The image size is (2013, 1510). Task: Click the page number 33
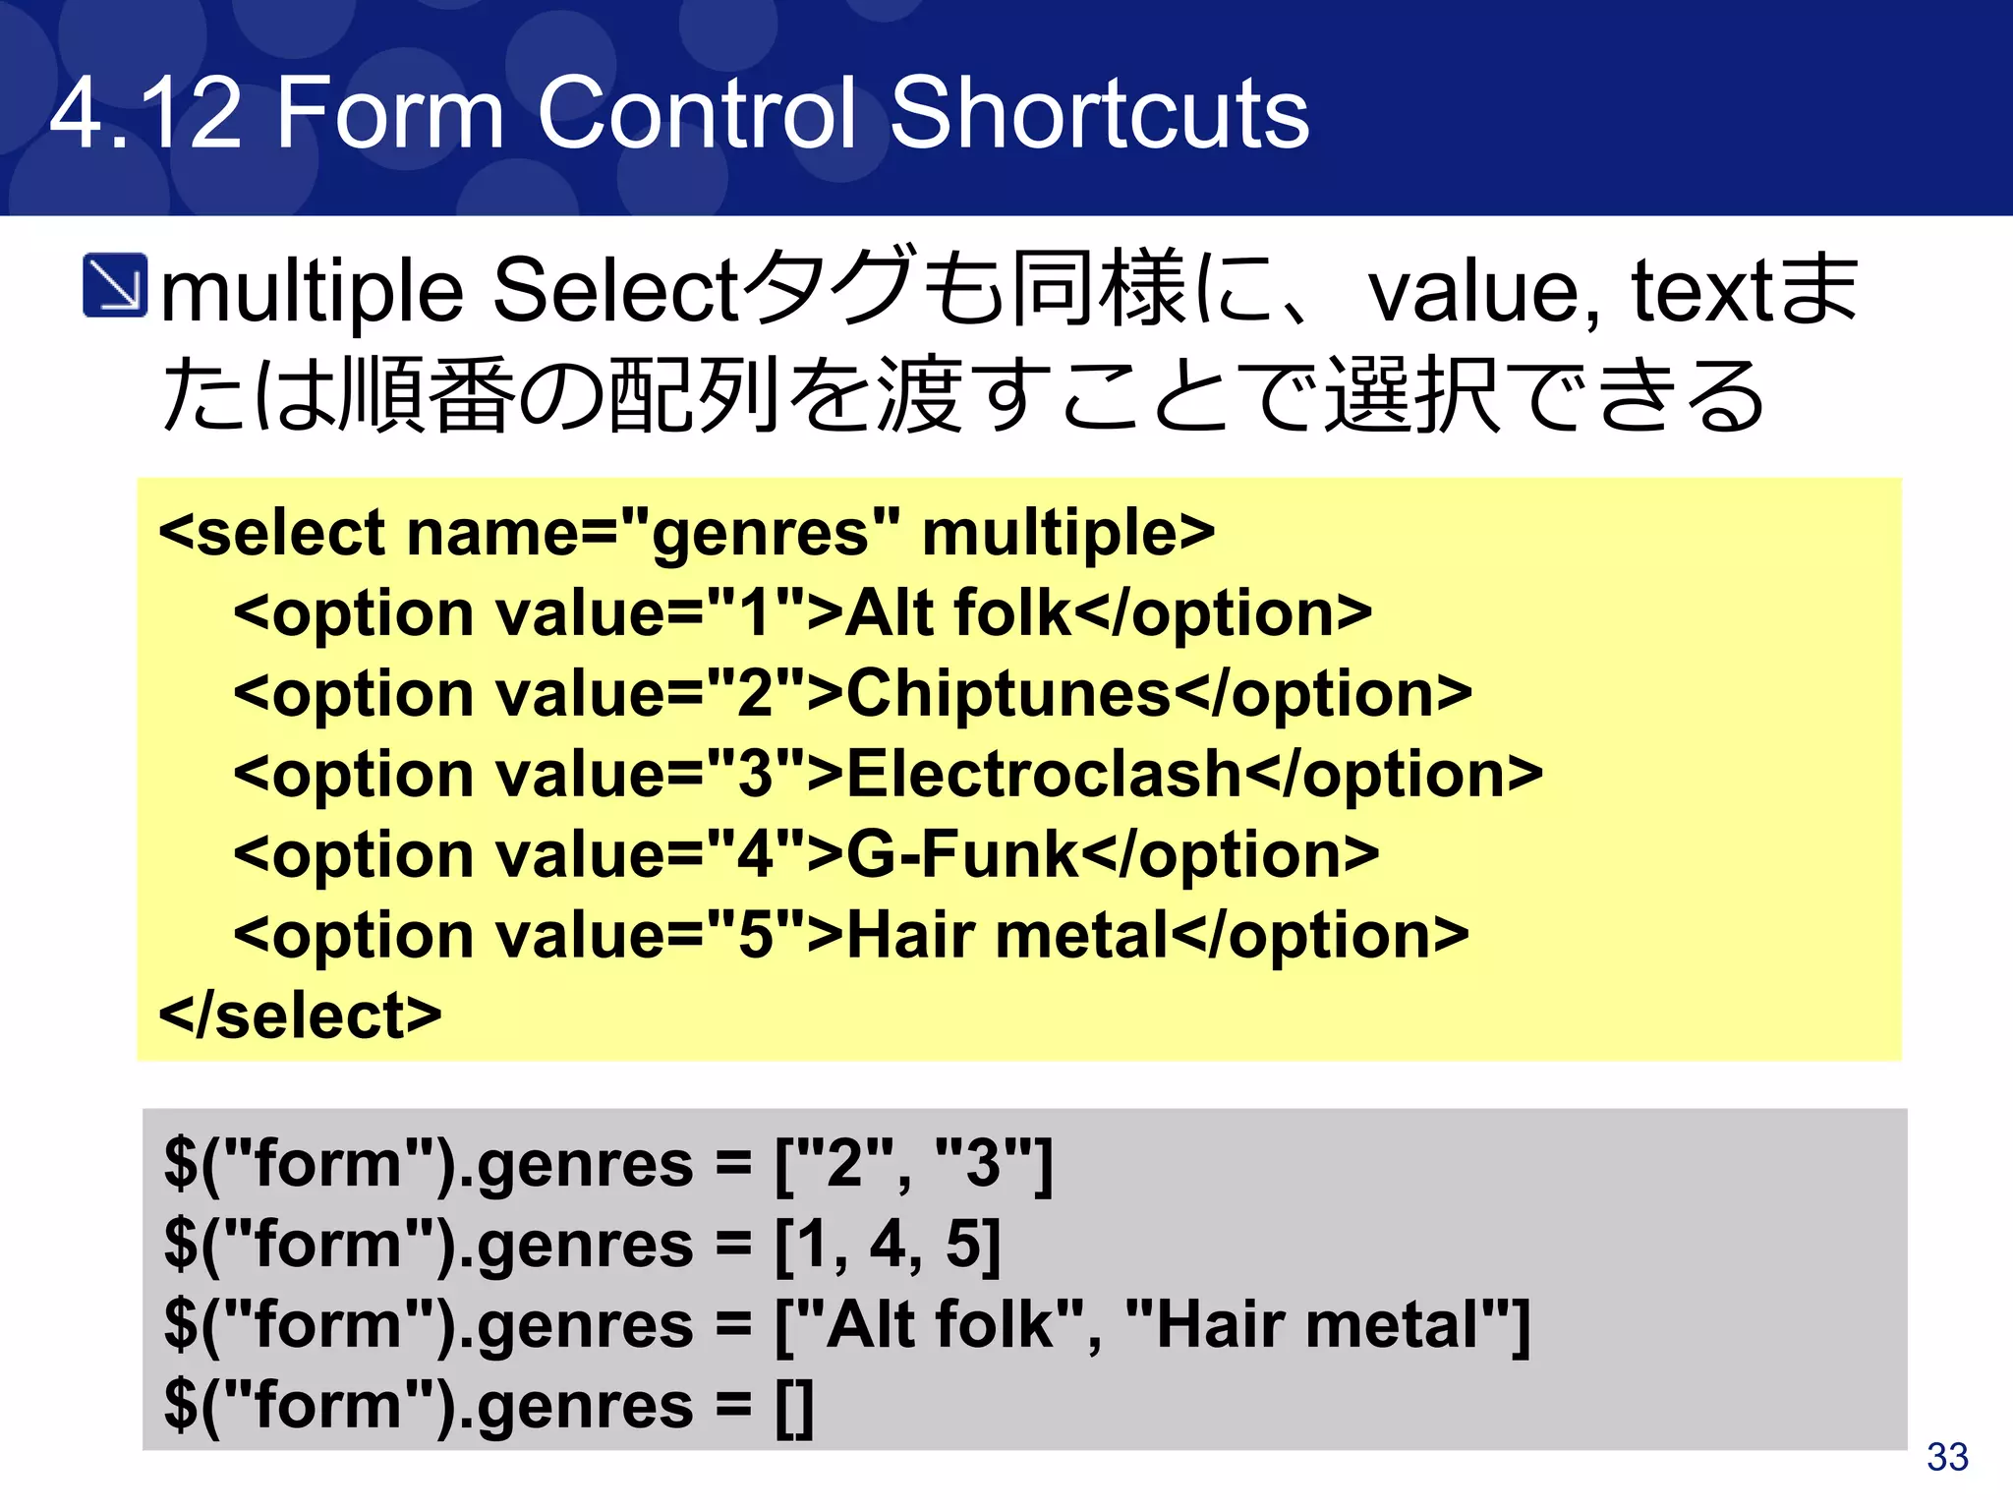point(1947,1457)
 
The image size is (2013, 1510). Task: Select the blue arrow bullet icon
point(115,286)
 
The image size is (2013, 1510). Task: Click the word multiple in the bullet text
point(311,292)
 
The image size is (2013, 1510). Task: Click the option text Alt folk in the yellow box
point(957,613)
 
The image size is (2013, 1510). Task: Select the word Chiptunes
point(1008,694)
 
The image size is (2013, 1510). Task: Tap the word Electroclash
point(1044,775)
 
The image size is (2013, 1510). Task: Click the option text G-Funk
point(961,854)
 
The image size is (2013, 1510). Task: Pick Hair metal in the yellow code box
point(1007,935)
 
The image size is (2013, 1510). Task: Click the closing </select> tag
point(300,1016)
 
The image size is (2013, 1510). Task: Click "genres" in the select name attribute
point(761,534)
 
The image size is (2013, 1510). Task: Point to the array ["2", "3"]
point(913,1164)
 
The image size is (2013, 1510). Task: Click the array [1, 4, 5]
point(888,1245)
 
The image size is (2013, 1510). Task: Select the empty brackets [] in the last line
point(794,1407)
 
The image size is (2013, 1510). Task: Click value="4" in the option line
point(650,854)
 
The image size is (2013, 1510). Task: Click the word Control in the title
point(697,115)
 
